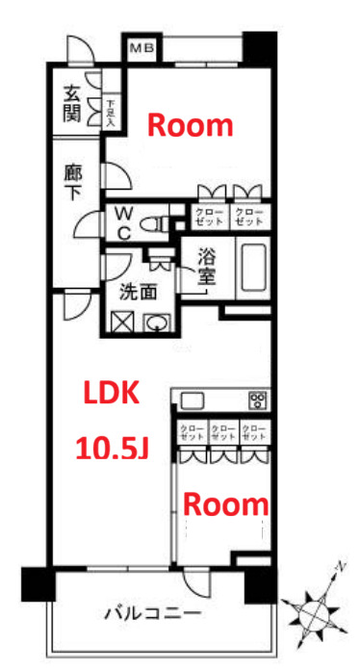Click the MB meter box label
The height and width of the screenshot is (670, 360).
[x=141, y=46]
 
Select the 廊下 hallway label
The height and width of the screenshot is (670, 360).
[x=72, y=184]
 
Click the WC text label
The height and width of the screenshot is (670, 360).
[x=124, y=222]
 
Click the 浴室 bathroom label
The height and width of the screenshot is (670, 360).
[x=206, y=267]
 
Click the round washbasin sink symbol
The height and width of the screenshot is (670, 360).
[x=156, y=323]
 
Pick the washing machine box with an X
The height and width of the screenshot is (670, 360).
[x=122, y=323]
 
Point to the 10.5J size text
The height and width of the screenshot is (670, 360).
[x=111, y=448]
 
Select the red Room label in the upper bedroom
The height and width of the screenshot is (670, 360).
[x=190, y=124]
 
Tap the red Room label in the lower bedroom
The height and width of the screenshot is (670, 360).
[x=225, y=502]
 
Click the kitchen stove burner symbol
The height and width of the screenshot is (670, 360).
[x=257, y=399]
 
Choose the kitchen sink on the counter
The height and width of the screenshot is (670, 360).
[x=191, y=399]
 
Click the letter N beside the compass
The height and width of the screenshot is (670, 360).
[x=340, y=566]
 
